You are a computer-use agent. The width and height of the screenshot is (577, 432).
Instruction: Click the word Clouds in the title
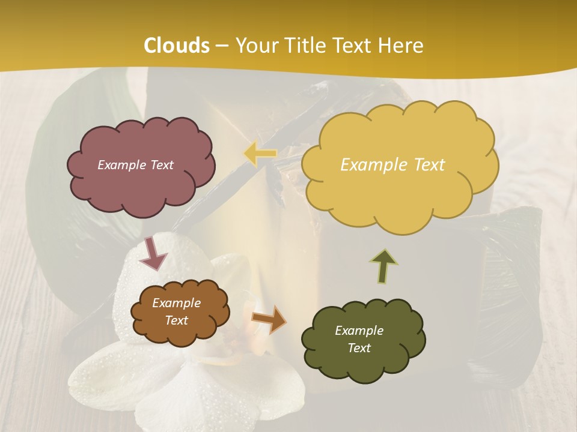pyautogui.click(x=177, y=46)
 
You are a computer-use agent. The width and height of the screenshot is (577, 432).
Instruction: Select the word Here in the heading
pyautogui.click(x=401, y=46)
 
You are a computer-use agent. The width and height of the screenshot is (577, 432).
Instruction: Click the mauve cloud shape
pyautogui.click(x=141, y=180)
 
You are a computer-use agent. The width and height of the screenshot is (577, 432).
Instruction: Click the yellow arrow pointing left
pyautogui.click(x=260, y=154)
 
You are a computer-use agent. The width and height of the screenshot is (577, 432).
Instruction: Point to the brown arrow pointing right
pyautogui.click(x=269, y=319)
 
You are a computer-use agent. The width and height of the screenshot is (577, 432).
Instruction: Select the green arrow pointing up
pyautogui.click(x=384, y=266)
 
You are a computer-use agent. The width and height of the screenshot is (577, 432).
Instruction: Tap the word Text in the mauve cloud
pyautogui.click(x=161, y=165)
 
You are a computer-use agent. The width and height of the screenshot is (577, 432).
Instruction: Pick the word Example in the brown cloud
pyautogui.click(x=176, y=303)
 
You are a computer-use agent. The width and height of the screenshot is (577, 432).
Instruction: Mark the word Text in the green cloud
pyautogui.click(x=359, y=348)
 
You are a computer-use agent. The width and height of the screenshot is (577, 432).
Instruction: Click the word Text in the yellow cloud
pyautogui.click(x=429, y=165)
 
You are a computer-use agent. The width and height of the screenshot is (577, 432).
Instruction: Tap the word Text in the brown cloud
pyautogui.click(x=176, y=320)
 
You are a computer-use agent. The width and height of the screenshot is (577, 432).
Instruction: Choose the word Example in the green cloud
pyautogui.click(x=359, y=331)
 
